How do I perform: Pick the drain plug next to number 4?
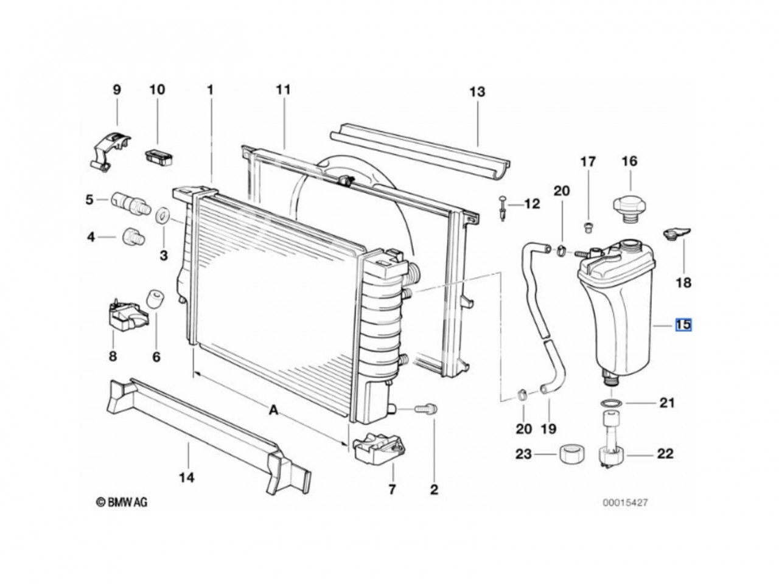pyautogui.click(x=133, y=237)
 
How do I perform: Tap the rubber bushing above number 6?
pyautogui.click(x=155, y=300)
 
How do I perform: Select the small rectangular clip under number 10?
pyautogui.click(x=159, y=158)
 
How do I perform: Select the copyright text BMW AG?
pyautogui.click(x=122, y=502)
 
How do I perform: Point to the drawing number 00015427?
pyautogui.click(x=625, y=502)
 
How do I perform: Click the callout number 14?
pyautogui.click(x=186, y=478)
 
